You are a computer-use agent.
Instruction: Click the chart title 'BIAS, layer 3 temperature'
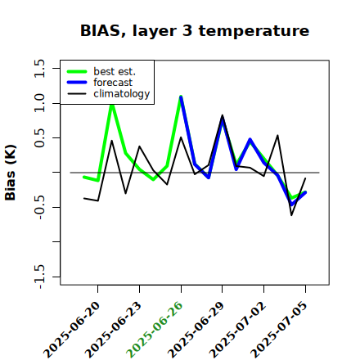[x=195, y=31]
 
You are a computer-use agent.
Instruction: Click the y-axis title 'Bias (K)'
[x=11, y=173]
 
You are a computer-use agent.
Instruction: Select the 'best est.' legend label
[x=115, y=71]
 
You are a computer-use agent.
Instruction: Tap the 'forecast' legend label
[x=113, y=83]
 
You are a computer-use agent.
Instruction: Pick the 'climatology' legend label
[x=122, y=94]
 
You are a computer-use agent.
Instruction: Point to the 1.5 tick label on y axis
[x=39, y=68]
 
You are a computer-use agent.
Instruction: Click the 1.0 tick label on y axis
[x=39, y=103]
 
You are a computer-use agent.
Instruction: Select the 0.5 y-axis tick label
[x=39, y=138]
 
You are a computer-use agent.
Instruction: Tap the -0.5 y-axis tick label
[x=39, y=207]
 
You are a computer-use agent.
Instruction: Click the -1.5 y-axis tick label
[x=39, y=277]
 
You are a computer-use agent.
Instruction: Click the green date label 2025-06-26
[x=155, y=330]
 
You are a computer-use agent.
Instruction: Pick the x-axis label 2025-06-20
[x=71, y=330]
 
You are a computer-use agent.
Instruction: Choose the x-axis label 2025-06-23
[x=113, y=330]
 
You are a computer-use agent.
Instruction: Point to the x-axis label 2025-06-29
[x=196, y=330]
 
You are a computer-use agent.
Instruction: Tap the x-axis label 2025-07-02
[x=237, y=330]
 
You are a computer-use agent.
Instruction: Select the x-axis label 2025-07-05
[x=279, y=330]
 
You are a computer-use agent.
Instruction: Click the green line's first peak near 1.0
[x=112, y=105]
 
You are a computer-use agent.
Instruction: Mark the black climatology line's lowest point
[x=291, y=215]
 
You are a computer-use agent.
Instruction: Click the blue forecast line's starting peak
[x=181, y=97]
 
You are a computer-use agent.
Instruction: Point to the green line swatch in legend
[x=77, y=71]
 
